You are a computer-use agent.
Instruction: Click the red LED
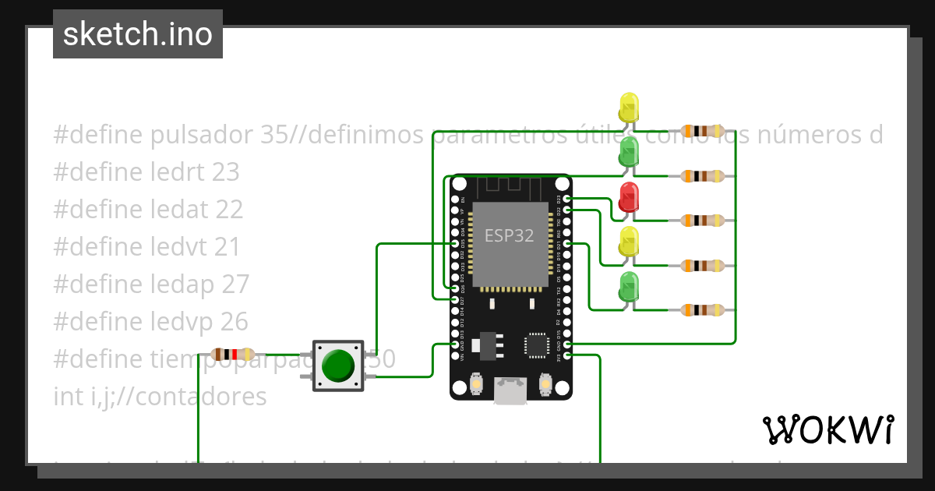628,196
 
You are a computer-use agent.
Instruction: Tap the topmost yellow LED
628,106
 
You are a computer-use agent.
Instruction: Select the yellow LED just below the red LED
628,242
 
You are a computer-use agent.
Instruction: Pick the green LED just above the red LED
628,151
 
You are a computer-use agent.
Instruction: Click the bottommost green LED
628,287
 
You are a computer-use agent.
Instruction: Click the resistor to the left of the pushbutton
233,355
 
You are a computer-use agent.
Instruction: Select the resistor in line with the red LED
702,221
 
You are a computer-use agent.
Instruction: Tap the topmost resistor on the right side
702,131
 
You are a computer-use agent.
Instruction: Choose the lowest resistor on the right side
702,310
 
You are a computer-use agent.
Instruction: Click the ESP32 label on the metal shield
509,235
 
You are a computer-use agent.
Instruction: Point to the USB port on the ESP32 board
510,391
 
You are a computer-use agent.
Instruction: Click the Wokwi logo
827,429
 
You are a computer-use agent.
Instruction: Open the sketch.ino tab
138,34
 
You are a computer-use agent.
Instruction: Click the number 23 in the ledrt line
225,172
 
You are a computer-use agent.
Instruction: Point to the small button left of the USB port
477,384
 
